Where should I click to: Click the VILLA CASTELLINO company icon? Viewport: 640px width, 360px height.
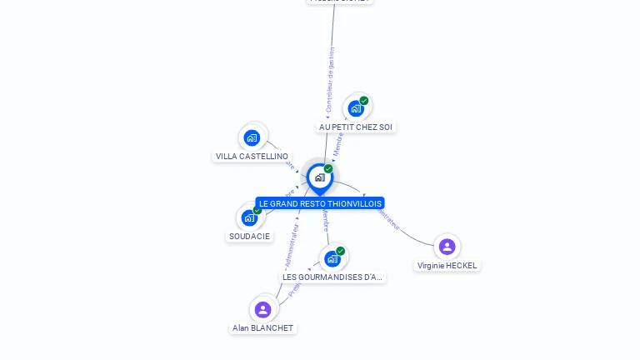coord(252,137)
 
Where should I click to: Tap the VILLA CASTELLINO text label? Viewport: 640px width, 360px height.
coord(252,157)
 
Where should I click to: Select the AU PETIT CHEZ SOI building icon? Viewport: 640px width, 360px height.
coord(356,108)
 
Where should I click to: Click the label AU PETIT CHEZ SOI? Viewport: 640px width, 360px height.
coord(356,127)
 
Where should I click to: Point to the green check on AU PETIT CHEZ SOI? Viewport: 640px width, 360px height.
coord(364,101)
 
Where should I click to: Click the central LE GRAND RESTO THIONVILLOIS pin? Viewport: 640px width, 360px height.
coord(319,177)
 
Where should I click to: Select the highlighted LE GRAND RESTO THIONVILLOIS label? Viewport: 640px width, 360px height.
coord(320,203)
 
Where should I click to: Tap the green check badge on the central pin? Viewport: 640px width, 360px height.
coord(328,169)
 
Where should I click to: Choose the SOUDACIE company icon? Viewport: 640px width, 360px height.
coord(249,218)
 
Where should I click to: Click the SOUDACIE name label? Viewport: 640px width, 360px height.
coord(249,237)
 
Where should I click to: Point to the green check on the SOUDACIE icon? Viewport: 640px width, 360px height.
coord(257,210)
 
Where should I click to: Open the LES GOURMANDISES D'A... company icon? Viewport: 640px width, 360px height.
coord(332,258)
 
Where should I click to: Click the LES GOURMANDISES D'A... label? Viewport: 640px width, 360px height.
coord(332,277)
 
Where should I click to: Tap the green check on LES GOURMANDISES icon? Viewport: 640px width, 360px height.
coord(341,251)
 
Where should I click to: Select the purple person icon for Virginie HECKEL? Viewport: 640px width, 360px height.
coord(447,247)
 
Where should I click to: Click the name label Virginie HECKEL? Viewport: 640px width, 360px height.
coord(447,265)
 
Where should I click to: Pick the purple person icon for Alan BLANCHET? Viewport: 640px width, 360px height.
coord(263,310)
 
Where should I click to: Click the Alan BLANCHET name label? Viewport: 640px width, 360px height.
coord(263,328)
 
